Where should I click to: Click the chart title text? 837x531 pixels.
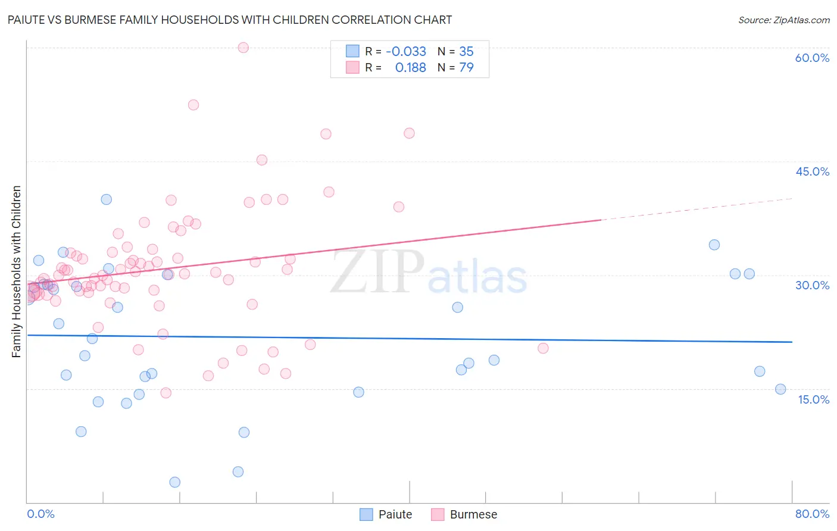pos(229,20)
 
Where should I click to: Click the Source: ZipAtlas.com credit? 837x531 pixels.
pos(783,20)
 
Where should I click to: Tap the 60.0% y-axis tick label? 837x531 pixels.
pos(812,58)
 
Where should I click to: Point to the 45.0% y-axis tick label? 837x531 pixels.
pos(812,171)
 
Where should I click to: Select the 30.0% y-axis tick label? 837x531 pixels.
pos(812,285)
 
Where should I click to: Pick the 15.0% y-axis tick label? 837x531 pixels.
pos(813,399)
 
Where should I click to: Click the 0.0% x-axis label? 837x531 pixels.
pos(40,514)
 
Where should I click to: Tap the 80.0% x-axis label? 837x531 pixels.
pos(812,514)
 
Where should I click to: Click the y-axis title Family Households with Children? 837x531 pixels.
pos(16,271)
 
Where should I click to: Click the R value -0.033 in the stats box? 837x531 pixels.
pos(406,52)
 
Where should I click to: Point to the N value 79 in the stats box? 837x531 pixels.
pos(466,68)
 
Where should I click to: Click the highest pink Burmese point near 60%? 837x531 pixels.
pos(243,48)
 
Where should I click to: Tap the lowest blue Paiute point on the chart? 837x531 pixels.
pos(174,482)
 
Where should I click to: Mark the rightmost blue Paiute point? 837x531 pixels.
pos(780,389)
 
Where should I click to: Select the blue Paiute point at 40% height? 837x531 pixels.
pos(106,199)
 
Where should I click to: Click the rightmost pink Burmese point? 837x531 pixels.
pos(543,348)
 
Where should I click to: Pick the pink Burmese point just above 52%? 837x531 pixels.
pos(193,105)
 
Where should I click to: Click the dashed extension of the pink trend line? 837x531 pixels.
pos(697,209)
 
